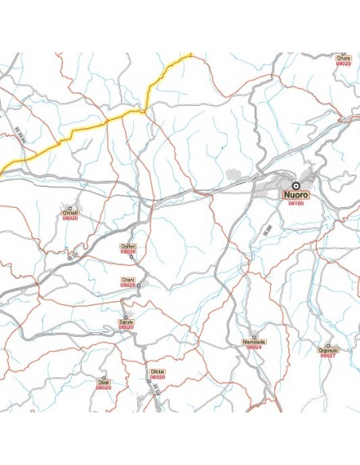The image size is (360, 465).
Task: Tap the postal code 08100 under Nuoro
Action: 295,203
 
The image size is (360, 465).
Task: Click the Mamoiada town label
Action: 254,342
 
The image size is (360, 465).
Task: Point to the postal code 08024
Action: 254,347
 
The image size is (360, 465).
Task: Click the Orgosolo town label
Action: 328,350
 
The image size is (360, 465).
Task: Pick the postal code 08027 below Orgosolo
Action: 328,355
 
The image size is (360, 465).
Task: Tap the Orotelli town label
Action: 71,213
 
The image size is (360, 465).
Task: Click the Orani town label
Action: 127,279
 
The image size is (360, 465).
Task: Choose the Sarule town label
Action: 126,322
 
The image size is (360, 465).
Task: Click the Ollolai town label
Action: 157,371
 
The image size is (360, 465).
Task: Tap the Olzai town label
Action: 104,382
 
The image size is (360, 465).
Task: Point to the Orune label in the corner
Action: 343,58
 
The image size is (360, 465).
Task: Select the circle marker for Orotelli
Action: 78,205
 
